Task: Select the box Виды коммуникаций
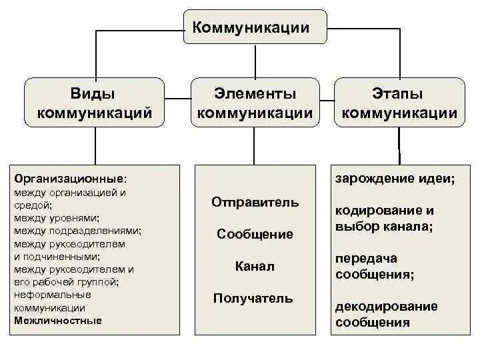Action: (94, 103)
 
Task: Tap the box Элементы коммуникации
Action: (255, 103)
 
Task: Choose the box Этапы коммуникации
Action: (399, 103)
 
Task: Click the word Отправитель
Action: (255, 202)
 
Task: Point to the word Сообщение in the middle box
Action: (255, 234)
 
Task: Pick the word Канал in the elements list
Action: (255, 266)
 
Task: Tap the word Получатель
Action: (253, 298)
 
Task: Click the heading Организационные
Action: (69, 179)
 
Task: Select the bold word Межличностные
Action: (58, 321)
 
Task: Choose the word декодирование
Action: (387, 307)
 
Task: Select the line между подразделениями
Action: (77, 231)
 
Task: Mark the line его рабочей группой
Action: (66, 282)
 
